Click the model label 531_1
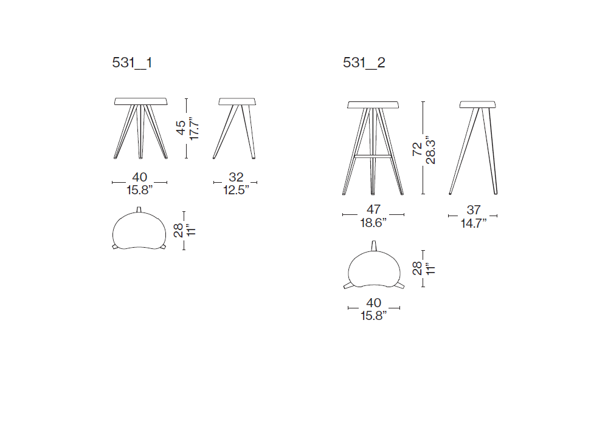[132, 63]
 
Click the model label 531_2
[364, 63]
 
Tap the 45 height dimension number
[181, 127]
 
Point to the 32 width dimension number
[236, 177]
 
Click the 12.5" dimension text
[236, 189]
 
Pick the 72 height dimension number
[417, 149]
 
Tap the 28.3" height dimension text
[430, 150]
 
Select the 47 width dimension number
[373, 209]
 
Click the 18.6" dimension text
[373, 223]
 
